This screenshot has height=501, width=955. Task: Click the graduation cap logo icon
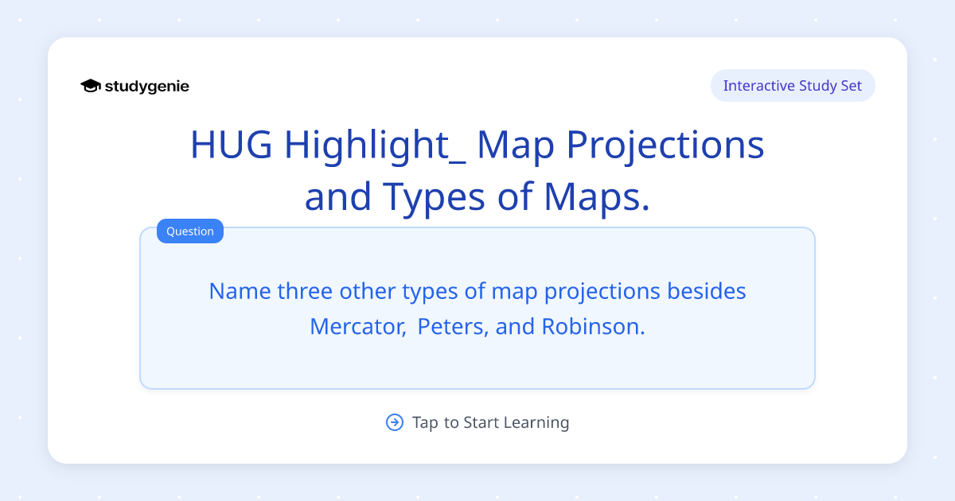pyautogui.click(x=91, y=86)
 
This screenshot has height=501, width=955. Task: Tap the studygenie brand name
pyautogui.click(x=147, y=86)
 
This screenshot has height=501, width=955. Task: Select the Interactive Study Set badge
pyautogui.click(x=792, y=86)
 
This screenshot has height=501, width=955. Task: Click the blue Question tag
pyautogui.click(x=190, y=231)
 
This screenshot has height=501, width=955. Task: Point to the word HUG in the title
pyautogui.click(x=232, y=146)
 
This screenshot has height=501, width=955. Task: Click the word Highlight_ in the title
pyautogui.click(x=375, y=146)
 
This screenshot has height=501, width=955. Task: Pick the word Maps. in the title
pyautogui.click(x=590, y=196)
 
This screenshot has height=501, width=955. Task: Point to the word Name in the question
pyautogui.click(x=240, y=291)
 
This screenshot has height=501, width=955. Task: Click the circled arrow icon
pyautogui.click(x=395, y=422)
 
